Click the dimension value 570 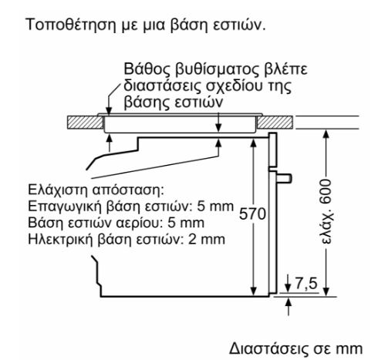coord(252,214)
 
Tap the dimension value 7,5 coord(306,284)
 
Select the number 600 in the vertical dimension coord(326,193)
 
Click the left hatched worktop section coord(86,123)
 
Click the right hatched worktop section coord(275,123)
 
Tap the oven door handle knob coord(284,178)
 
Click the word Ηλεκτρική coord(60,239)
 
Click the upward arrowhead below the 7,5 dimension coord(288,302)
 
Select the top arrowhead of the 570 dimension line coord(254,143)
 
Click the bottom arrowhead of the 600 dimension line coord(326,291)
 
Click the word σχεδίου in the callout coord(232,86)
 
